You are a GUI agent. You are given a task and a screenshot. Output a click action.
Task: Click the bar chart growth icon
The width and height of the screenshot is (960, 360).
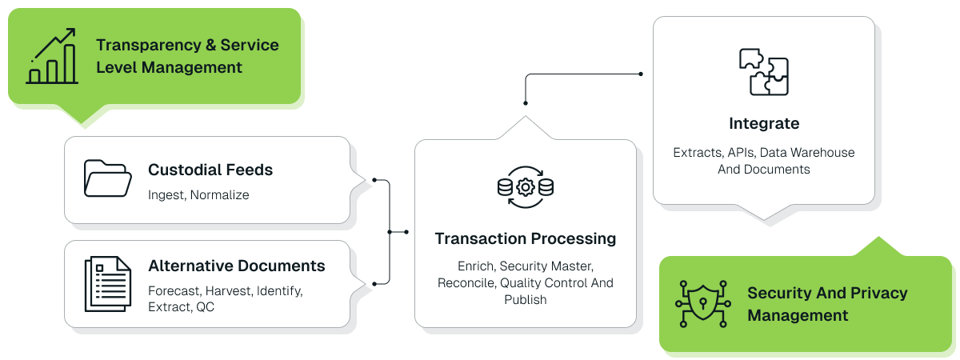pos(52,56)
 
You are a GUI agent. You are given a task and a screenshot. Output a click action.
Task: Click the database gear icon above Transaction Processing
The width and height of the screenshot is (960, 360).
pos(525,187)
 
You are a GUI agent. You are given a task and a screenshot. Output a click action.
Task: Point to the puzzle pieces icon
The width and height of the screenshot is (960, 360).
pos(763,72)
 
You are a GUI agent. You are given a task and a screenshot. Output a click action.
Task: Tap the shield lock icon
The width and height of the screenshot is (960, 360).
pos(702,304)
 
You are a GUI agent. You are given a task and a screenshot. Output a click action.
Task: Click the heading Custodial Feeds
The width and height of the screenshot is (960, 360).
pos(210,170)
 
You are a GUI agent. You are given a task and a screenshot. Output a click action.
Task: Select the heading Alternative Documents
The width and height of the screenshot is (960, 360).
pos(237,266)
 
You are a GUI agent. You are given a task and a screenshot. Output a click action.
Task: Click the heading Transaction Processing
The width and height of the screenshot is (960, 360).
pos(525,238)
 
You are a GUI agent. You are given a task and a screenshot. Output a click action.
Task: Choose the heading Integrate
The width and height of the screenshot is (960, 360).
pos(764,123)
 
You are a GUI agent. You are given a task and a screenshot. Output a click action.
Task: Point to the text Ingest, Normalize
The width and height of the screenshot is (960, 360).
pos(198,194)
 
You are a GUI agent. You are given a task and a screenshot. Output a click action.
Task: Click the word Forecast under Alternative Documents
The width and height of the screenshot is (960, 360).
pos(174,290)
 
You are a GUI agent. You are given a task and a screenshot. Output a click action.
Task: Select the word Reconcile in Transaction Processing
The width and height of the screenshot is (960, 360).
pos(464,283)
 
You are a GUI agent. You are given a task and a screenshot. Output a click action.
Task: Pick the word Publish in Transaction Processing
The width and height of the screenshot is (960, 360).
pos(525,300)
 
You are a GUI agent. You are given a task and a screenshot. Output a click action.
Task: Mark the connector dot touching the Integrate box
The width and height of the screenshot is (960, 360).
pos(641,74)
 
